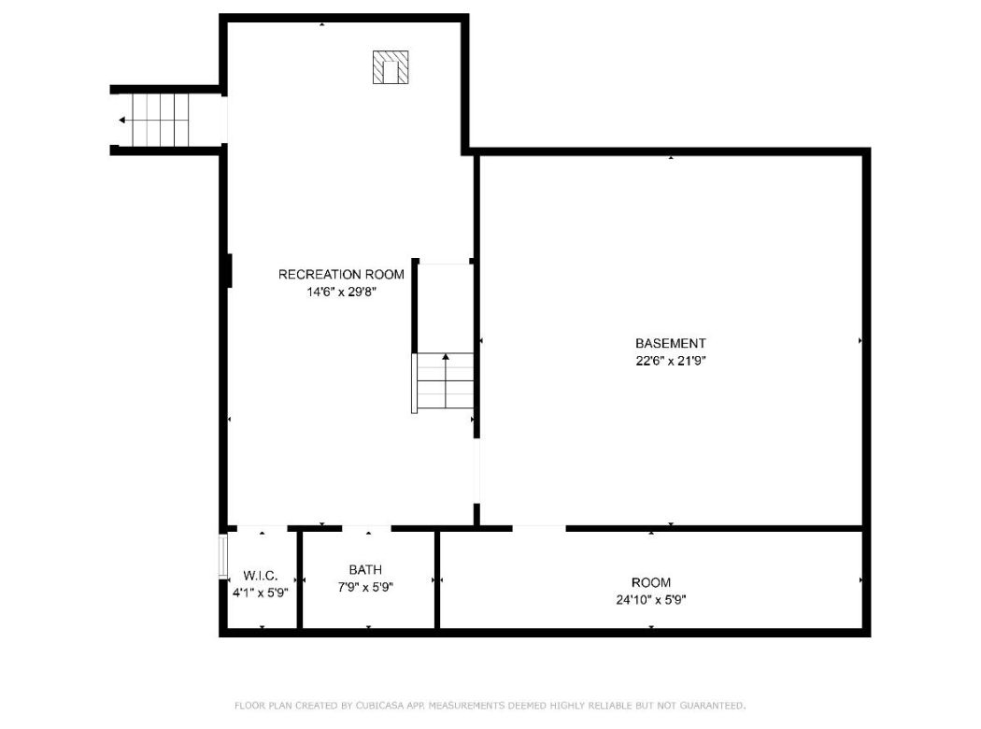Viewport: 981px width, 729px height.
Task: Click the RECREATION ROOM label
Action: tap(341, 274)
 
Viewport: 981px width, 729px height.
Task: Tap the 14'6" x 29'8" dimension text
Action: tap(341, 291)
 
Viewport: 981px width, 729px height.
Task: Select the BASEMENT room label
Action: tap(670, 343)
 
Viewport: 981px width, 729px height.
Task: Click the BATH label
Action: tap(365, 569)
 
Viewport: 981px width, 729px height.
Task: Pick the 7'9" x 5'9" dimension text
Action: tap(365, 587)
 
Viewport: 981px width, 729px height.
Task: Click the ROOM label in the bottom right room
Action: tap(650, 582)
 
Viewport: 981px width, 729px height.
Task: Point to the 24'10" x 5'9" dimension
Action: tap(650, 600)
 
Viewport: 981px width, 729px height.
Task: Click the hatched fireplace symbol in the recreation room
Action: tap(391, 67)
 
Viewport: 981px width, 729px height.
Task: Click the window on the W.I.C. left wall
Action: tap(223, 556)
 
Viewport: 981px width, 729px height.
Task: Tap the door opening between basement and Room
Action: tap(539, 528)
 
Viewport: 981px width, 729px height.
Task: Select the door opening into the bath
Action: tap(366, 528)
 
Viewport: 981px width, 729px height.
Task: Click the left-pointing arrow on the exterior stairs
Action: tap(122, 120)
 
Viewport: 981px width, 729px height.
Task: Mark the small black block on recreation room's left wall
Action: tap(228, 270)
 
